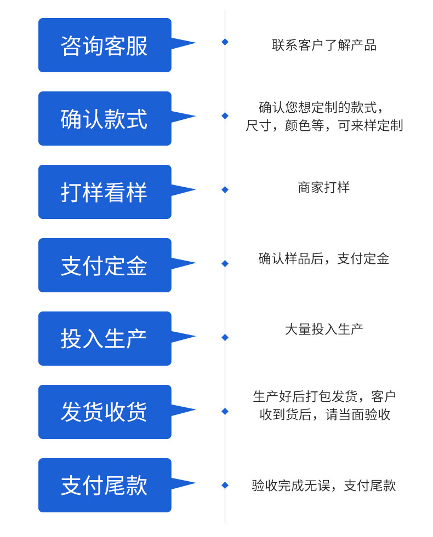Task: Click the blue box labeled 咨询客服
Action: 105,45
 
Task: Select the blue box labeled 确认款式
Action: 105,118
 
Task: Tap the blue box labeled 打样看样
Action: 105,192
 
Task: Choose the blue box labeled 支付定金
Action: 105,265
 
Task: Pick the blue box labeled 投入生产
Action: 105,338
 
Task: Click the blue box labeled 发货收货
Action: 105,412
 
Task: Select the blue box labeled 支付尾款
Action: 105,485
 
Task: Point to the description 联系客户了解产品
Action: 324,45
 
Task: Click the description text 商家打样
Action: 323,188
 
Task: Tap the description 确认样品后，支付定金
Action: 323,258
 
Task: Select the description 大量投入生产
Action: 323,329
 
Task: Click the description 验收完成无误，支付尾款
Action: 323,486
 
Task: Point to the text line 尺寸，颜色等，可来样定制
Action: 324,126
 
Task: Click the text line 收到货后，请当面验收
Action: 324,414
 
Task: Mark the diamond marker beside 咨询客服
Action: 225,42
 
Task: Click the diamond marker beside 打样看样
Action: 225,190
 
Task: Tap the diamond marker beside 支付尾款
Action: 225,486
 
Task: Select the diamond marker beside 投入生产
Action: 225,338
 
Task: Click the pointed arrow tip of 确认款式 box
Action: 196,116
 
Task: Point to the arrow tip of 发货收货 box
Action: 196,409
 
